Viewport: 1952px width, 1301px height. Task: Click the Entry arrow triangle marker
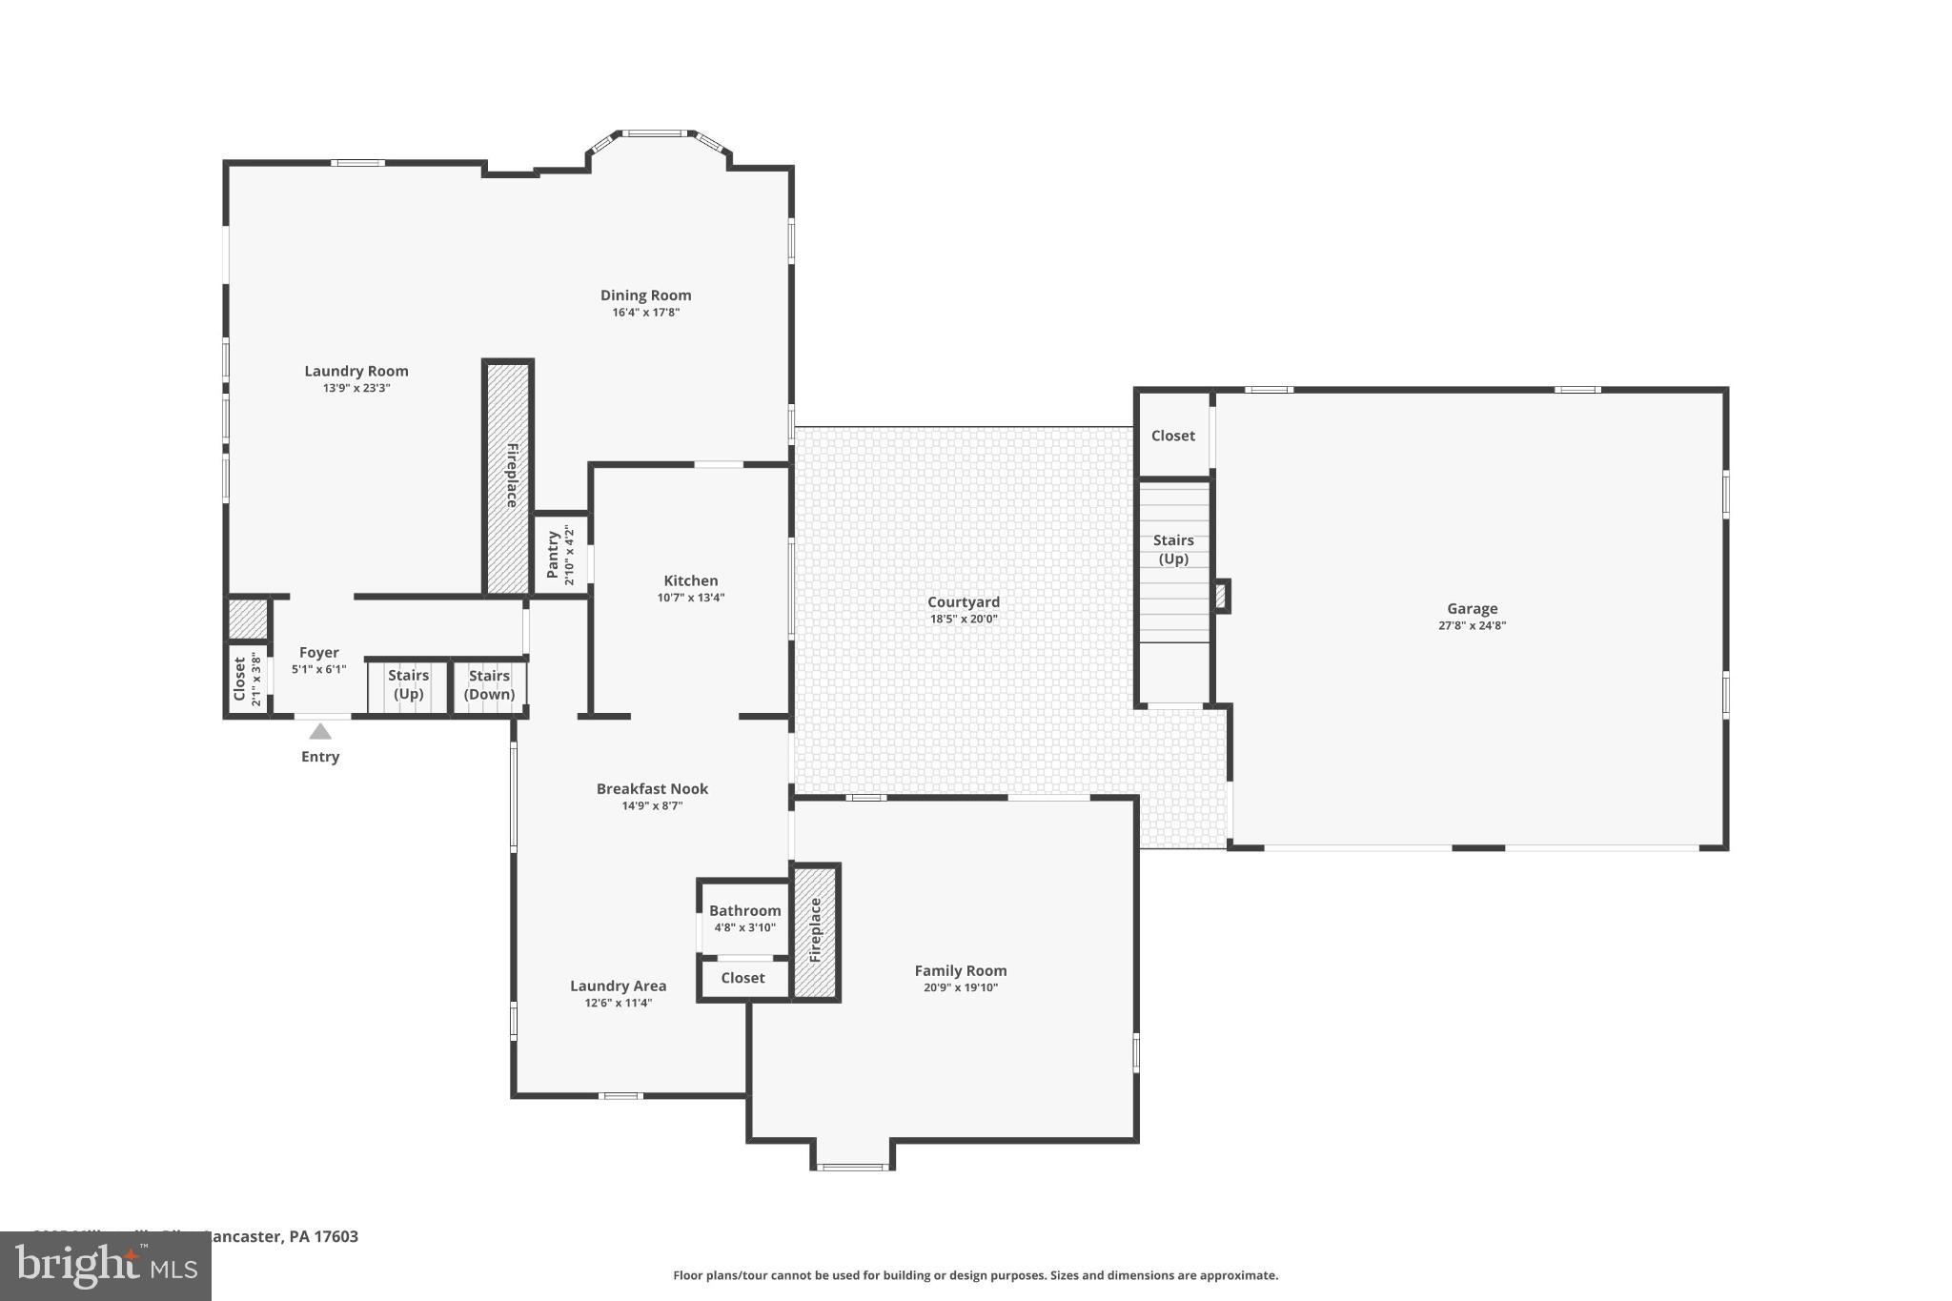point(320,732)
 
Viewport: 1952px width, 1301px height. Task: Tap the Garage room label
point(1472,609)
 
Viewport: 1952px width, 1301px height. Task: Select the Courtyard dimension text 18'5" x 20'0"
point(964,620)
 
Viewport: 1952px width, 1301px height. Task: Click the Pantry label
point(553,555)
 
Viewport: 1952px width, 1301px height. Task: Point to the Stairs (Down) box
point(489,685)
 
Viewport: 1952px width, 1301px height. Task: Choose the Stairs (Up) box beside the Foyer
point(408,685)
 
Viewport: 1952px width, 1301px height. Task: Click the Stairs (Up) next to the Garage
point(1173,550)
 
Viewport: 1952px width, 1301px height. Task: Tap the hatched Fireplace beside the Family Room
point(816,931)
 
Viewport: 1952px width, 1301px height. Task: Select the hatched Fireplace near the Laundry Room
point(508,477)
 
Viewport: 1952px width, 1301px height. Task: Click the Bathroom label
point(744,911)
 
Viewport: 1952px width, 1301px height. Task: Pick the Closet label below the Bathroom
point(742,978)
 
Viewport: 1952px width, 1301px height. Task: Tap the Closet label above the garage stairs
point(1172,436)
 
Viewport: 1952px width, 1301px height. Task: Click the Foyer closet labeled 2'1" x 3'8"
point(247,679)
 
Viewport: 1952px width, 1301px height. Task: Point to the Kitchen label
point(691,580)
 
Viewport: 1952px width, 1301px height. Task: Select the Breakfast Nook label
point(652,789)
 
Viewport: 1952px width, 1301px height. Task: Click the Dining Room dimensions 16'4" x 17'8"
point(645,313)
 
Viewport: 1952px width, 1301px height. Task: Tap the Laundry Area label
point(618,986)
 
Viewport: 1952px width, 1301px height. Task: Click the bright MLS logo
point(105,1267)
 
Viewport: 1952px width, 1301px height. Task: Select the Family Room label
point(960,971)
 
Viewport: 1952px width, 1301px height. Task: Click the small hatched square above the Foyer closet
point(248,620)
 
